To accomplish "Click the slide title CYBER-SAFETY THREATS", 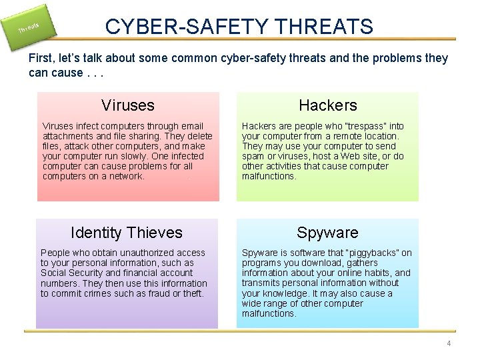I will pyautogui.click(x=239, y=27).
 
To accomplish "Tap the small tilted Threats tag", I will pyautogui.click(x=28, y=27).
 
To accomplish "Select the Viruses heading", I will pyautogui.click(x=128, y=105).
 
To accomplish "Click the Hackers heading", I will pyautogui.click(x=328, y=105).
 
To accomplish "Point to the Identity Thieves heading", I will pyautogui.click(x=127, y=233).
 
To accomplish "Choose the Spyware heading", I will pyautogui.click(x=327, y=233).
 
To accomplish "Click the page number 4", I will pyautogui.click(x=449, y=343).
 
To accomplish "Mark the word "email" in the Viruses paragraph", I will pyautogui.click(x=191, y=126).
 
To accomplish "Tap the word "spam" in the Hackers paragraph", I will pyautogui.click(x=253, y=156).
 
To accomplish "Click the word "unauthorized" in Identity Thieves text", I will pyautogui.click(x=137, y=253).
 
